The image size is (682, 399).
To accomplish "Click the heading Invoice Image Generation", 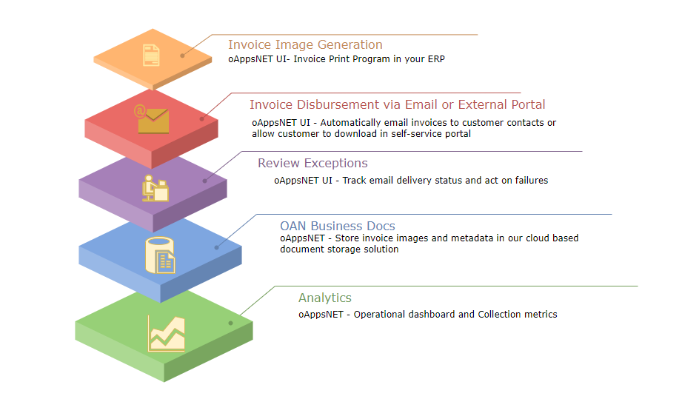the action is click(305, 44).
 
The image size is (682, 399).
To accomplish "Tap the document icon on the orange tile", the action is click(151, 56).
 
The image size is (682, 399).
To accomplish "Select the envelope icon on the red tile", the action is click(151, 118).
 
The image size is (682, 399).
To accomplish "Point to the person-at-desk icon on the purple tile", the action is click(156, 188).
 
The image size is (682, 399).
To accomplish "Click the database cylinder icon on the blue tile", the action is click(160, 255).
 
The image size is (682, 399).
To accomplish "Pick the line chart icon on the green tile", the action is click(167, 333).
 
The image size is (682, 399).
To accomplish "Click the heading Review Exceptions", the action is click(312, 163).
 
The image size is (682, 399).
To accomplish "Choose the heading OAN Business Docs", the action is click(338, 226).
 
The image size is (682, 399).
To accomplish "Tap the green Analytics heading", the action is click(325, 298).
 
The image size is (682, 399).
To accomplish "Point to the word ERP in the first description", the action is click(436, 59).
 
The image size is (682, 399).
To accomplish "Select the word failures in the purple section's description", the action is click(532, 181).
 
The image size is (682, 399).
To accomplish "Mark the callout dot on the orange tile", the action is click(183, 56).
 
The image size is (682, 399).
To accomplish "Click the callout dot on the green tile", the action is click(230, 323).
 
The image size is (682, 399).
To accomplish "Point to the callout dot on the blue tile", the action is click(217, 247).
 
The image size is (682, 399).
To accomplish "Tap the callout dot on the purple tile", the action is click(205, 181).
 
